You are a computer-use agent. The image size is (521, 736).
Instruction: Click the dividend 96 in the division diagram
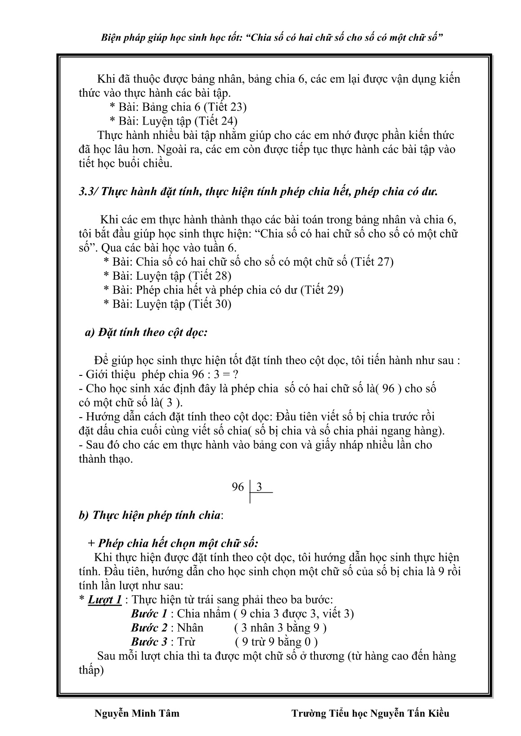[238, 487]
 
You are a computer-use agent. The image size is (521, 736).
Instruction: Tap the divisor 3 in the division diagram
[259, 487]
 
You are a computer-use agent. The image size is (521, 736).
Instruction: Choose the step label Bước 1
[149, 614]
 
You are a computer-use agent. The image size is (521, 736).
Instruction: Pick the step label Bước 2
[149, 628]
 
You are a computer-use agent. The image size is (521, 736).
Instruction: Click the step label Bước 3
[149, 642]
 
